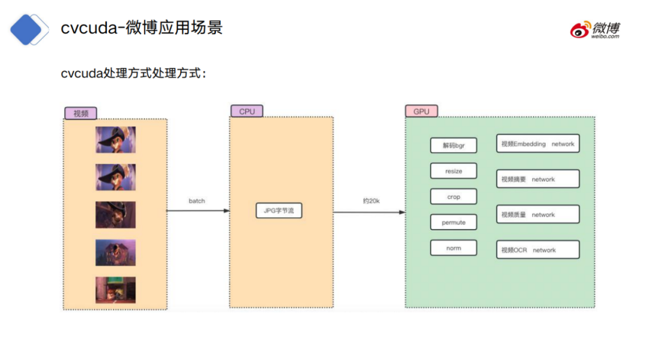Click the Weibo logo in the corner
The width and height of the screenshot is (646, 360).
[595, 29]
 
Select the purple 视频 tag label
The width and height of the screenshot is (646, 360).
[81, 113]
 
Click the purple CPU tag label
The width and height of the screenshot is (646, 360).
[246, 111]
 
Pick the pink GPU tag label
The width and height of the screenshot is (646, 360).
[421, 111]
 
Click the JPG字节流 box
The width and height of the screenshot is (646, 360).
[279, 210]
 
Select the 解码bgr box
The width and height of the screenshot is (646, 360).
[453, 145]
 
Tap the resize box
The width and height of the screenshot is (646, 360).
[453, 171]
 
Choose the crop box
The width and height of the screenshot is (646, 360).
[453, 197]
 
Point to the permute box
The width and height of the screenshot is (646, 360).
[453, 222]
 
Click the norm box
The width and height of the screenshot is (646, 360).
[453, 248]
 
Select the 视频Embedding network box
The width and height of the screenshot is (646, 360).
[537, 144]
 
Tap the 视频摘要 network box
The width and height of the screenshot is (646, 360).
[537, 179]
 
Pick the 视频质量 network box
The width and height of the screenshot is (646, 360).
[537, 215]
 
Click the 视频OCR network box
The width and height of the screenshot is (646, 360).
[537, 250]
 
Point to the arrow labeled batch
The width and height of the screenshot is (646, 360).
[198, 210]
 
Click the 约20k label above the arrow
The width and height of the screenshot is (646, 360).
[371, 201]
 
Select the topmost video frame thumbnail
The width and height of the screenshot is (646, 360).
[115, 139]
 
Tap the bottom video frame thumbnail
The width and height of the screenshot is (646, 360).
[115, 289]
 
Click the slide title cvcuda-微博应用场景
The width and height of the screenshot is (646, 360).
[142, 28]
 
